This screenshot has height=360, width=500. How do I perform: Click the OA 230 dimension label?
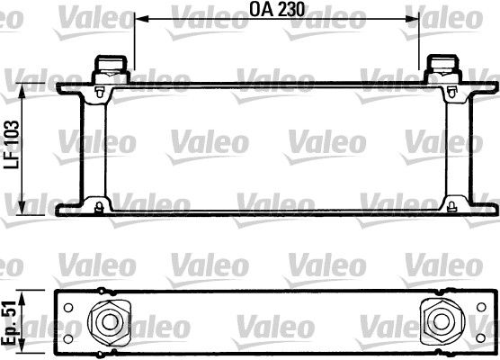(x=277, y=9)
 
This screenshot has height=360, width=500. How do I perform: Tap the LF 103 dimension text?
(x=12, y=144)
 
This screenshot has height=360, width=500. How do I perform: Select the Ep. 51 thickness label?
(x=9, y=323)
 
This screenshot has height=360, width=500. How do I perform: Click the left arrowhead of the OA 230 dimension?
(x=142, y=19)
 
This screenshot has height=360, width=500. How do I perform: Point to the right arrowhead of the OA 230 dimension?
(x=411, y=19)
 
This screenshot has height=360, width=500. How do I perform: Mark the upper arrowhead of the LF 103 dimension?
(x=22, y=91)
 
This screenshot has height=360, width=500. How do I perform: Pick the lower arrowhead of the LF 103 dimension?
(x=22, y=207)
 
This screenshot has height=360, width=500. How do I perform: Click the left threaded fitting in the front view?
(x=111, y=69)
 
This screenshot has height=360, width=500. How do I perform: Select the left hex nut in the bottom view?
(x=110, y=322)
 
